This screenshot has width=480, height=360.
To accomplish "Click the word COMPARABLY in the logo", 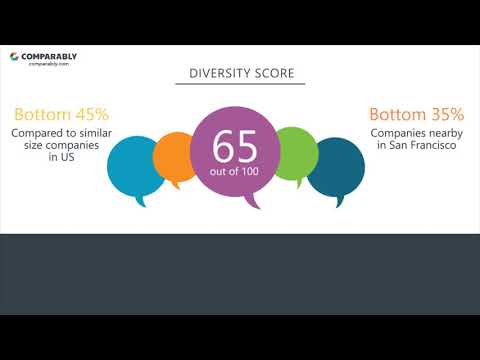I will pos(49,57).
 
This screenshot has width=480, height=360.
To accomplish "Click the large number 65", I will pos(234,145).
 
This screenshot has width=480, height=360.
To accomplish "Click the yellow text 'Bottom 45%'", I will pos(62,115).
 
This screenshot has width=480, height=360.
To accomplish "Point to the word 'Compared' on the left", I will pos(41,133).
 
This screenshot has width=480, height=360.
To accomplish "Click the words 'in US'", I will pos(62,159).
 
